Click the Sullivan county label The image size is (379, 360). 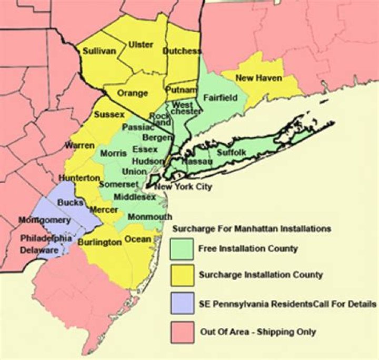coord(98,51)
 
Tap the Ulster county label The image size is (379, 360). coord(141,45)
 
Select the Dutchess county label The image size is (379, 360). coord(182,51)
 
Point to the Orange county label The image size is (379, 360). coord(133,93)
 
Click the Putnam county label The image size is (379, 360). coord(181,91)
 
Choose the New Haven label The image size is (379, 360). coord(258,78)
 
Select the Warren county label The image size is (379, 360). coord(80,145)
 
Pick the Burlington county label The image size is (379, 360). coord(99,242)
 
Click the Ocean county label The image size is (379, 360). coord(138,238)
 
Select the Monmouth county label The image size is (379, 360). coord(149,216)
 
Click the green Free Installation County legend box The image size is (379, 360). coord(182,248)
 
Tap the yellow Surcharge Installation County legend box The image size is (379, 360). coord(182,275)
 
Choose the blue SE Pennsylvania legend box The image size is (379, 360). coord(182,304)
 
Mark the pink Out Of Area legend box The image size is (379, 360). coord(182,332)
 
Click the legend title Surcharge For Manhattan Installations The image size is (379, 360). coord(252,229)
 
